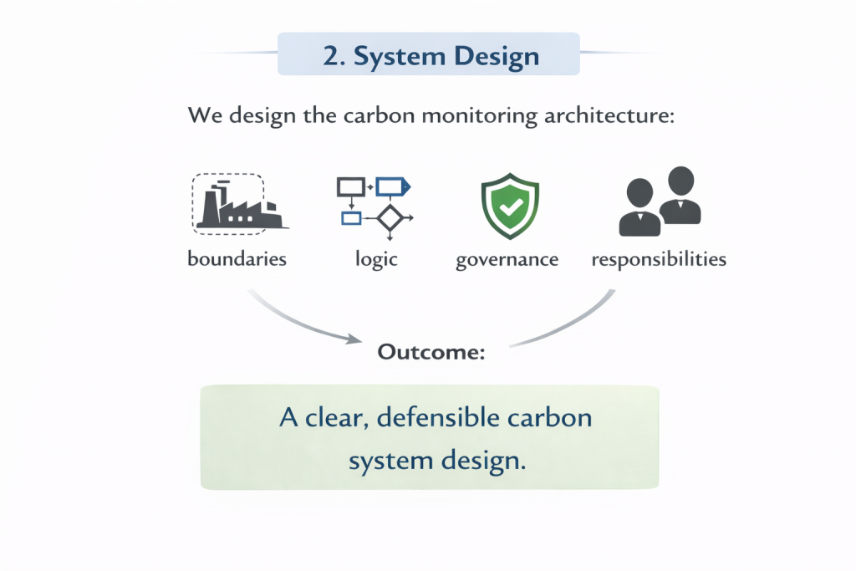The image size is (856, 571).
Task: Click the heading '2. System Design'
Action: [x=431, y=56]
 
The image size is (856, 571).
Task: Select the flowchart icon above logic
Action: [x=373, y=203]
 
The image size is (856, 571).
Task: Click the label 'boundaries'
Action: [x=237, y=258]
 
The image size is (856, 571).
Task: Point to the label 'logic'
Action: [x=376, y=259]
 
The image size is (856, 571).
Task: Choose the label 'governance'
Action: [x=507, y=259]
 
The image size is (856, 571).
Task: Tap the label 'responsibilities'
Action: [x=659, y=259]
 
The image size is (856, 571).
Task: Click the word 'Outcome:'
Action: [x=431, y=352]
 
